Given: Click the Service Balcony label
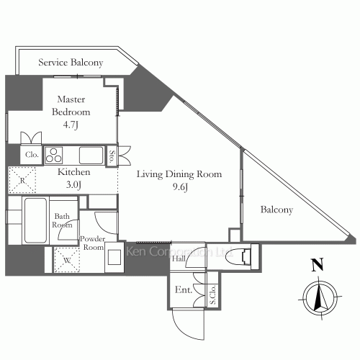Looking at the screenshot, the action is click(71, 63).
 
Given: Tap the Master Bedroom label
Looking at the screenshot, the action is click(71, 106).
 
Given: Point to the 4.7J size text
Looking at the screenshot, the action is click(71, 125).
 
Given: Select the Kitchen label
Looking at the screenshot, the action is click(74, 172).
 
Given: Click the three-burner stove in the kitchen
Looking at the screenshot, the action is click(54, 155).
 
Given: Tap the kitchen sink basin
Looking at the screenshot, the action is click(91, 156).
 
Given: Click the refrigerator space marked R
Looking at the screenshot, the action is click(22, 180).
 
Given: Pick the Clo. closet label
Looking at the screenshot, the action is click(32, 155).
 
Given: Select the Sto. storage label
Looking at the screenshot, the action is click(112, 156).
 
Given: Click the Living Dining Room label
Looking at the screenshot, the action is click(179, 174).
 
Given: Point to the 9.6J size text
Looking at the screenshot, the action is click(180, 187).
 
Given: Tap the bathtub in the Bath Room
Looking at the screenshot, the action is click(35, 220).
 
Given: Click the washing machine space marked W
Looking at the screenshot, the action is click(67, 260).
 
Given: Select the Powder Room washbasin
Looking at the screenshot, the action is click(114, 257).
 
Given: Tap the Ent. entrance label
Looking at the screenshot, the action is click(184, 289).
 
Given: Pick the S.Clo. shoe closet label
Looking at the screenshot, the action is click(212, 295).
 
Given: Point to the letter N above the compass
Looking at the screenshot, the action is click(318, 265).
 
